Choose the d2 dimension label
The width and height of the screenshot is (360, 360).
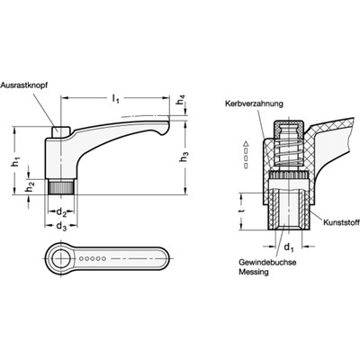(61, 211)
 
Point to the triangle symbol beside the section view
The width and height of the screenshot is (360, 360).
(244, 145)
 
